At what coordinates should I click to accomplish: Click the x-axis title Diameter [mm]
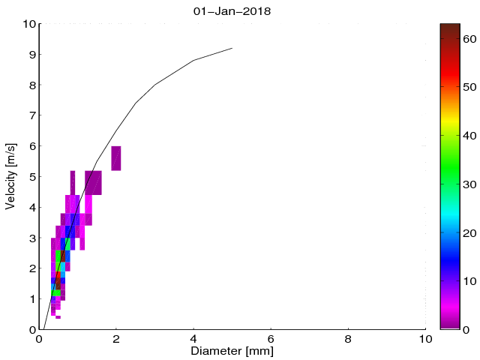[232, 349]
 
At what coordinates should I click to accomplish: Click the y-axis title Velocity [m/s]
[10, 176]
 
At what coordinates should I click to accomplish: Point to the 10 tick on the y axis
[27, 24]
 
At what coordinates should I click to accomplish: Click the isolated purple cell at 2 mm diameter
[116, 158]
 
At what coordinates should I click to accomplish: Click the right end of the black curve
[232, 48]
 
